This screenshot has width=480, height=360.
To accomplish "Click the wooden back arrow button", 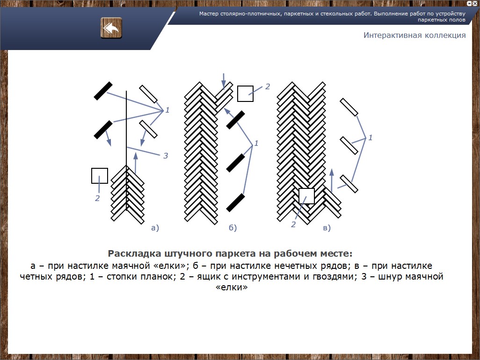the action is coord(111,28).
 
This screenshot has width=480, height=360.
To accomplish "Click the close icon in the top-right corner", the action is coord(475,3).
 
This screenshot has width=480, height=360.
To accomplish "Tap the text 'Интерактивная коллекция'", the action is coord(415,35).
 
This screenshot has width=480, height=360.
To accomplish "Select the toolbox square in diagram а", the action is coord(100,176).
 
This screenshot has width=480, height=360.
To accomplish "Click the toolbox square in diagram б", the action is coord(245,94).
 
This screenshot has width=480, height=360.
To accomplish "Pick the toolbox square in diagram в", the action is coord(306,196).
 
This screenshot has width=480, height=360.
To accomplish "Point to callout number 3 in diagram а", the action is coord(166,156).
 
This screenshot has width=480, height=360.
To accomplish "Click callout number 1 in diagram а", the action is coord(167,110).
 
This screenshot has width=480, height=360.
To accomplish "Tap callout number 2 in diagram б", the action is coord(268,86).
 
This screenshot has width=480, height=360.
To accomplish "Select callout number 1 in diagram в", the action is coord(371,137).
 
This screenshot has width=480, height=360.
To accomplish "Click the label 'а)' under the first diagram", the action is coord(155,228).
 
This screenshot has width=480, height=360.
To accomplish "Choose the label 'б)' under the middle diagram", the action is coord(233,228).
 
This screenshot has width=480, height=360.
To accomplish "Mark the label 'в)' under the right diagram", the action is coord(327,228).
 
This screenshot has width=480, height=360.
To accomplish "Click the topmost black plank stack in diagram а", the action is coord(103,91).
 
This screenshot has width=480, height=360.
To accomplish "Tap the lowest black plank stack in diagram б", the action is coord(235,202).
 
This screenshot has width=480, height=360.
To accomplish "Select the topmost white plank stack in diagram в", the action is coord(349,107).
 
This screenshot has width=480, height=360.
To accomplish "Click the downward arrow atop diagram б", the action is coord(224,81).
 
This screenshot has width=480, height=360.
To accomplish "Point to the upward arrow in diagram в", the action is coord(332,180).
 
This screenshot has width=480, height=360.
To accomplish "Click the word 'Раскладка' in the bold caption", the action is coord(134,253).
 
